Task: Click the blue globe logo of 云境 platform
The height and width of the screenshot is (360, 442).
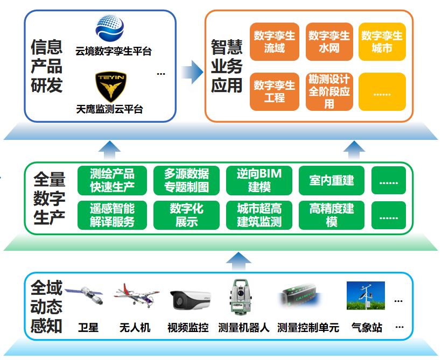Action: tap(110, 28)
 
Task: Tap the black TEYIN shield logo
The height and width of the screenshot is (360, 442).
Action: tap(111, 87)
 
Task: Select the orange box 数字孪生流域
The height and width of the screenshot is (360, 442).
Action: tap(274, 41)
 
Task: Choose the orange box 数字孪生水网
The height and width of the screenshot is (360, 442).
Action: tap(329, 41)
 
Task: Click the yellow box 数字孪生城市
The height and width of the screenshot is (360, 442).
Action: tap(382, 41)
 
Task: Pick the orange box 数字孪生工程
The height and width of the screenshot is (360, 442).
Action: tap(274, 91)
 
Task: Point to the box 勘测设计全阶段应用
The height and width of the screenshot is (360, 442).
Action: tap(329, 91)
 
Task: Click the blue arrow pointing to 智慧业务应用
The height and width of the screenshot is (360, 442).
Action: tap(192, 72)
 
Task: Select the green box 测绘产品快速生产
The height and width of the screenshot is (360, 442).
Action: tap(112, 180)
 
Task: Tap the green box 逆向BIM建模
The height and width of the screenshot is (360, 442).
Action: tap(259, 180)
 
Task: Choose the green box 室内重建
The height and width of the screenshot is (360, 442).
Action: tap(332, 180)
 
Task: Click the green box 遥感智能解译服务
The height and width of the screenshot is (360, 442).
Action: tap(112, 215)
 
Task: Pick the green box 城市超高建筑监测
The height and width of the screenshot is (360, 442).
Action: tap(259, 215)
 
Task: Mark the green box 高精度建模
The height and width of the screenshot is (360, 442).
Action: tap(332, 215)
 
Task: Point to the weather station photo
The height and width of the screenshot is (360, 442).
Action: tap(366, 295)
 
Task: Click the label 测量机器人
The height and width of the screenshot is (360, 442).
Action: tap(244, 328)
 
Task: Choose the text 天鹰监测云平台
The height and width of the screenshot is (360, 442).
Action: tap(109, 109)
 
